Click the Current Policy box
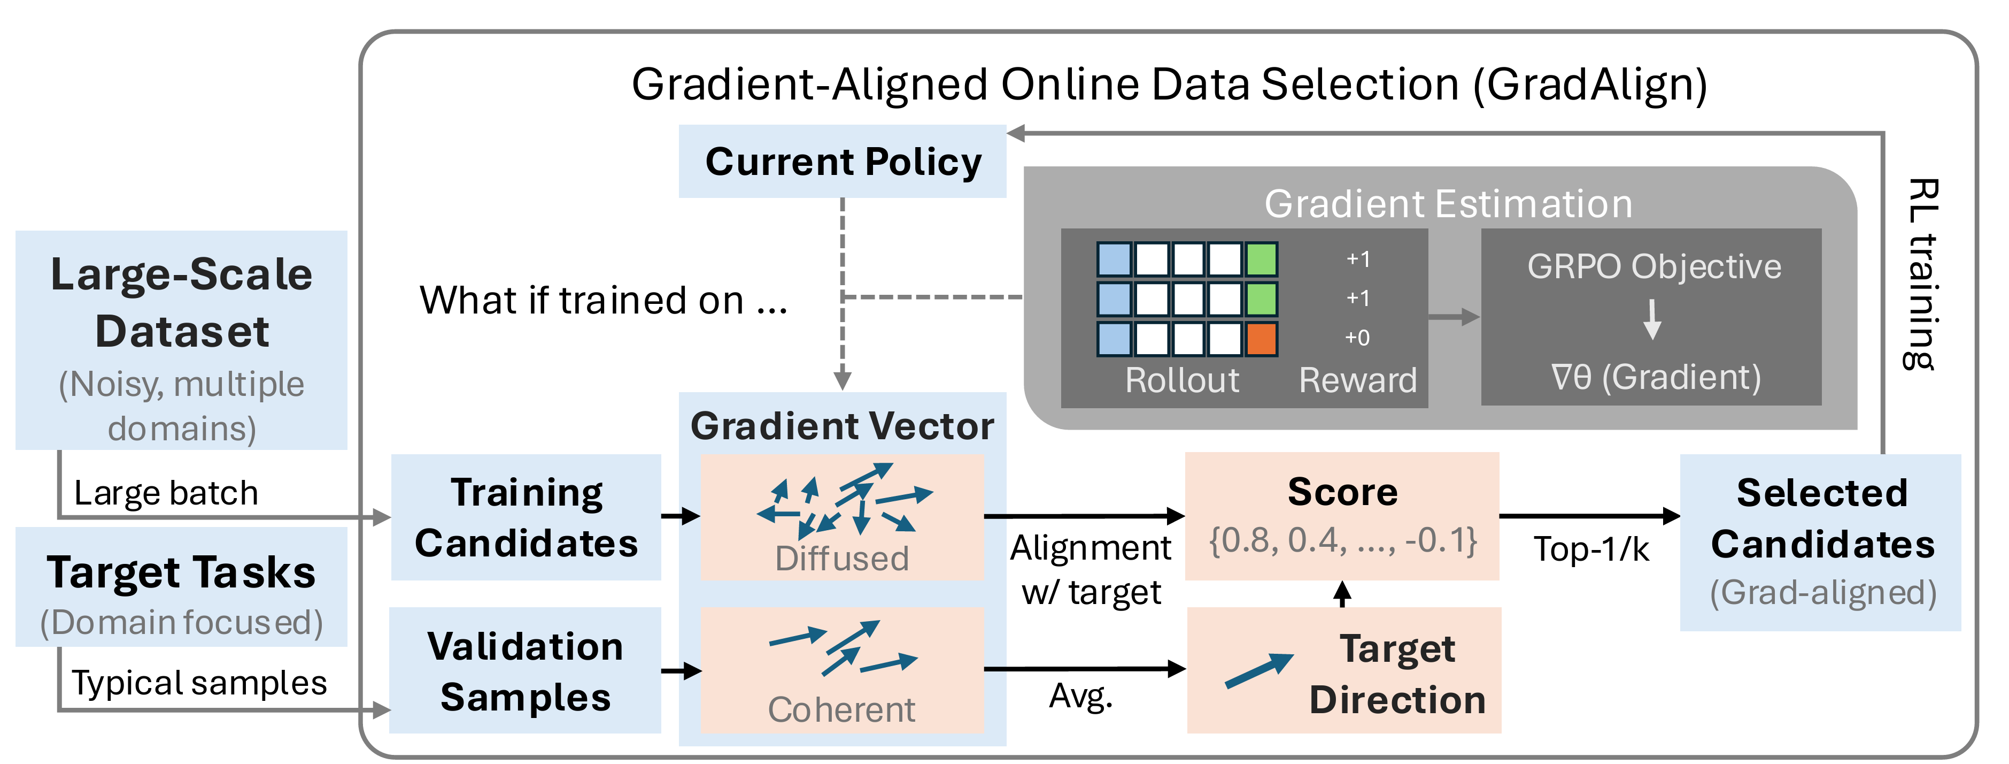tap(843, 162)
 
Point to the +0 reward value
tap(1357, 338)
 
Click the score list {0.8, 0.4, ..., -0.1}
tap(1342, 540)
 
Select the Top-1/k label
tap(1591, 549)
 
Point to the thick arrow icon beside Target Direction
tap(1258, 670)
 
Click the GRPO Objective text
tap(1653, 267)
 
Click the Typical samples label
tap(199, 683)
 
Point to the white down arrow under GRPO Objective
tap(1652, 319)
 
